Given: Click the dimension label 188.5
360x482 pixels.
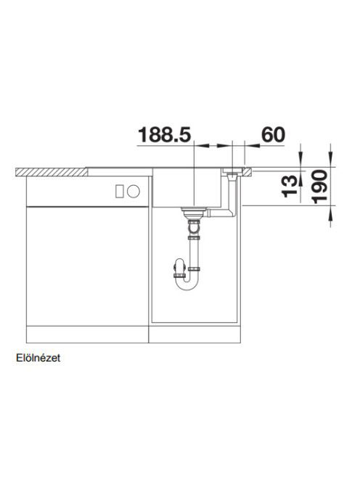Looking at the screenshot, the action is (x=165, y=134).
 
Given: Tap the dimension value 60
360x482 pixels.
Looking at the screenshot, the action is (x=273, y=134).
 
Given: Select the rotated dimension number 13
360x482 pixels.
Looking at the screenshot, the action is (x=290, y=186).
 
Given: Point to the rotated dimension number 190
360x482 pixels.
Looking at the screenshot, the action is (x=319, y=187).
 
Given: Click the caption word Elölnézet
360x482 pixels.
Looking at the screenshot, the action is (x=38, y=358).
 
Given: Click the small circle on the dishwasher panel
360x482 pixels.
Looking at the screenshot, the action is (x=134, y=191).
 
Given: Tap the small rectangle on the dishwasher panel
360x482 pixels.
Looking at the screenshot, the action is (x=119, y=191).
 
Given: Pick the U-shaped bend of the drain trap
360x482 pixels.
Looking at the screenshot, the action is (x=187, y=283).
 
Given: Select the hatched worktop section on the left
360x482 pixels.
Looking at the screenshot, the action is (x=52, y=172).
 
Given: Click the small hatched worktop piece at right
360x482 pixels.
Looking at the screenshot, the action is (x=247, y=172).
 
